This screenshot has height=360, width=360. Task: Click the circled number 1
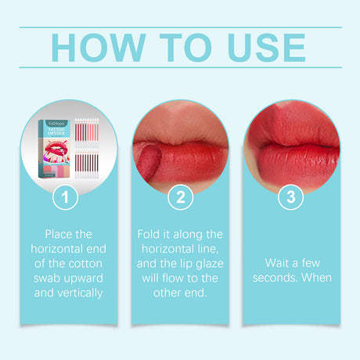66,198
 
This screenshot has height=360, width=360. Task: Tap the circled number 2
180,198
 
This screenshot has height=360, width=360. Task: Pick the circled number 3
292,198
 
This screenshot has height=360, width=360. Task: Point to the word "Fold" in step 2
149,233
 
